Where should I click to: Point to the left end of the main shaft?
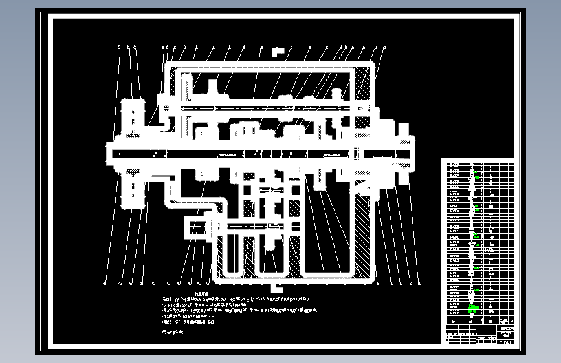tap(109, 153)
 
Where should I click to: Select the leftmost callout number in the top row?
tap(120, 47)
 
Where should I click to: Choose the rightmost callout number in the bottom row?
tap(419, 283)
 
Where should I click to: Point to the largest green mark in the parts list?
tap(473, 309)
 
